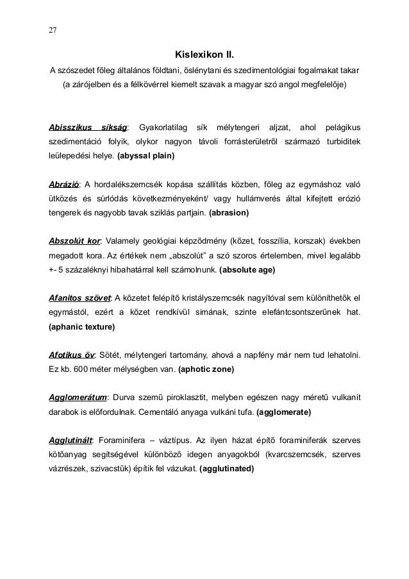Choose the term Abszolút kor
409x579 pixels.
75,241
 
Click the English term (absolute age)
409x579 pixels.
247,270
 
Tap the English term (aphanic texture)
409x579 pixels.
82,327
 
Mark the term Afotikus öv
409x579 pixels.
71,355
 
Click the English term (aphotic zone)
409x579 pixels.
206,369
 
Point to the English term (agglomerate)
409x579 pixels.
283,412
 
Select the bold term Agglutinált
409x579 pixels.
71,441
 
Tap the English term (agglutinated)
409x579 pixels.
227,469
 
